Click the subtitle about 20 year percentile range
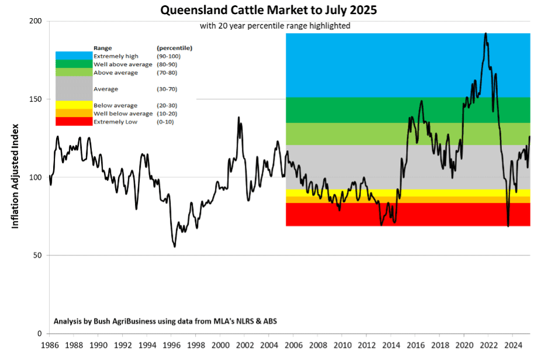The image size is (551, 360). coord(274,26)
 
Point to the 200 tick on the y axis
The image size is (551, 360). coord(36,21)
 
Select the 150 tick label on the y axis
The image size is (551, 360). coord(36,99)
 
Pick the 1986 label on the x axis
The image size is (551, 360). coord(49,344)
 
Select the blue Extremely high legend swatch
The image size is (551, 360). coord(74,56)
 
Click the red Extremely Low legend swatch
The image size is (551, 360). coord(74,122)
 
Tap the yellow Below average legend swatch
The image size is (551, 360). coord(74,105)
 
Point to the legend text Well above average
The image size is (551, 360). coord(123,64)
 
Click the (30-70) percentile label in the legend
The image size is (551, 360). coord(167,89)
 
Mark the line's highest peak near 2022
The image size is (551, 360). coord(486,33)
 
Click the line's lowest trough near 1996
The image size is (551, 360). coord(174,247)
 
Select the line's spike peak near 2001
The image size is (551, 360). coord(238,117)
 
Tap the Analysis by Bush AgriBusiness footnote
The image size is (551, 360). coord(169,321)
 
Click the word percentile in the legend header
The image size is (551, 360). coord(175,47)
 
